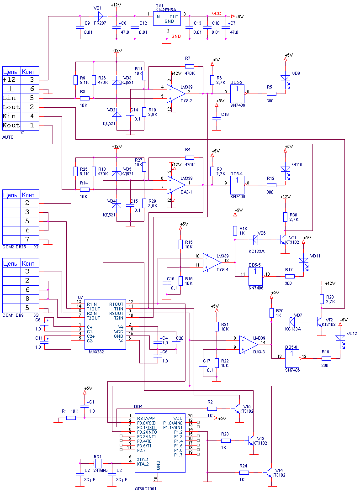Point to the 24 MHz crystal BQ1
coord(98,462)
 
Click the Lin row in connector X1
coord(21,98)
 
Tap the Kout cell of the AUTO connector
coord(11,125)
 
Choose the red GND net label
coord(177,36)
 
